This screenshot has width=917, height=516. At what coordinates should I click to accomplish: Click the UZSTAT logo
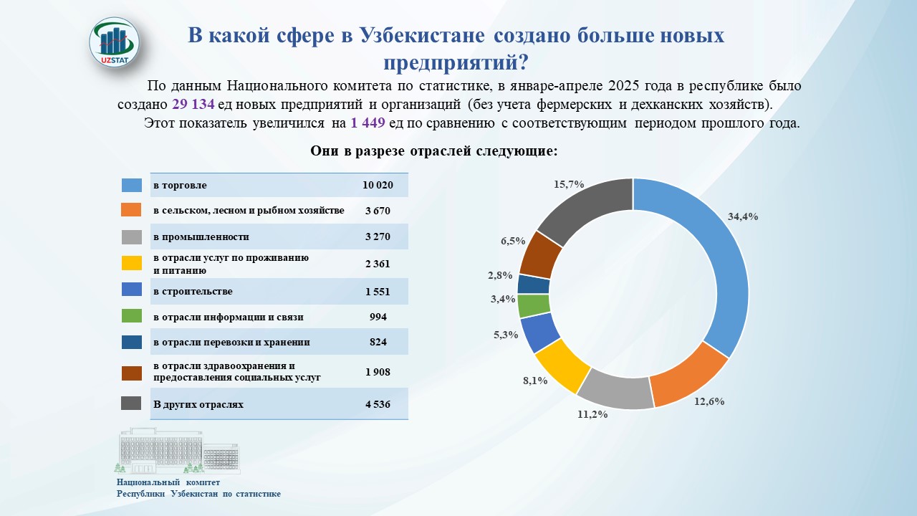pos(115,42)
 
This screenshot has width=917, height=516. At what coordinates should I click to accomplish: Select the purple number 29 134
pos(193,105)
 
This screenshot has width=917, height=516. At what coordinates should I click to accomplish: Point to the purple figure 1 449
pos(368,123)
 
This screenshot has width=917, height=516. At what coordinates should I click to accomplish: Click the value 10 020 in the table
pos(378,185)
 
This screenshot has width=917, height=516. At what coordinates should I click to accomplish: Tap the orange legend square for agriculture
pos(131,210)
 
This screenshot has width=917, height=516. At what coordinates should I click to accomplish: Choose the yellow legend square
pos(131,263)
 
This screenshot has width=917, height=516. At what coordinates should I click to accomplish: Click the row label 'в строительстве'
pos(193,291)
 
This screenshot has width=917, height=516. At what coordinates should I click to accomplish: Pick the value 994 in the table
pos(378,317)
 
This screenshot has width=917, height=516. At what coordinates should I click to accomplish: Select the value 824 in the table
pos(378,342)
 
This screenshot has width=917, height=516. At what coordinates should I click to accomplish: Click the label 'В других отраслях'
pos(198,405)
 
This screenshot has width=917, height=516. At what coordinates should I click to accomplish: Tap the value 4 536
pos(378,405)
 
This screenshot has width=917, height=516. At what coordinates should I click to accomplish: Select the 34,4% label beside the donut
pos(743,216)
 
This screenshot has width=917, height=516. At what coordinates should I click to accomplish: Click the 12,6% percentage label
pos(709,401)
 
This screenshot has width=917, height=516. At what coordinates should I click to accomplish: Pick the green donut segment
pos(534,306)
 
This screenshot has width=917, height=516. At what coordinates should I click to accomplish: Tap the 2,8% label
pos(500,276)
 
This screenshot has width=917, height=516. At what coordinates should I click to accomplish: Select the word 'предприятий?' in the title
pos(456,62)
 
